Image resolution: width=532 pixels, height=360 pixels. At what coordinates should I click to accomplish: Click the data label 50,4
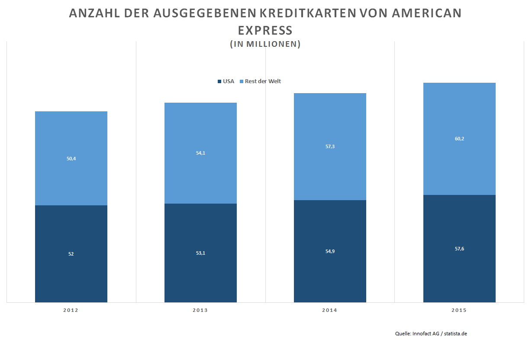[71, 159]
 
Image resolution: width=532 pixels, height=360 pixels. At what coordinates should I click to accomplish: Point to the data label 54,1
[200, 153]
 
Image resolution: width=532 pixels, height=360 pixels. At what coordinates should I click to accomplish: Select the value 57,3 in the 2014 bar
[330, 146]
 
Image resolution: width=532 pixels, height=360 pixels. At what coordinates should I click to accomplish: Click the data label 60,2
[459, 139]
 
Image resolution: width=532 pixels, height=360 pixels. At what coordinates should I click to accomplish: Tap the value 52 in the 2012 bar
[71, 254]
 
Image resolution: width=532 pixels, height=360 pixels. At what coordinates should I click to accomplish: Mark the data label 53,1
[200, 253]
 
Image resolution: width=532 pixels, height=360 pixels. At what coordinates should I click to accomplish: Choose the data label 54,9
[330, 251]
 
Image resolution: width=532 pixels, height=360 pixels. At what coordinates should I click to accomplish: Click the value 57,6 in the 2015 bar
[459, 249]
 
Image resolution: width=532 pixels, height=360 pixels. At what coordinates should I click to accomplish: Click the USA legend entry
[226, 81]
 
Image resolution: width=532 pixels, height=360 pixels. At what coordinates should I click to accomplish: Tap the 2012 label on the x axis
[71, 310]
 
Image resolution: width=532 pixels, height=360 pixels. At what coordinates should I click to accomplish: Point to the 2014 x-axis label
[329, 310]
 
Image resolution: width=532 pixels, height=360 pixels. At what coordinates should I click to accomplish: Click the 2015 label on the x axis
[459, 310]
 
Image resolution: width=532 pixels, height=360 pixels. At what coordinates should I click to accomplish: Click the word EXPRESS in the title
[265, 31]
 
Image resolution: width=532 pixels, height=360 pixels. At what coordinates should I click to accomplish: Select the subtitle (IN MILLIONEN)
[265, 44]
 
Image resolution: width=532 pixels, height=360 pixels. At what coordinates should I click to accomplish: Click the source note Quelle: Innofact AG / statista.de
[431, 334]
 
